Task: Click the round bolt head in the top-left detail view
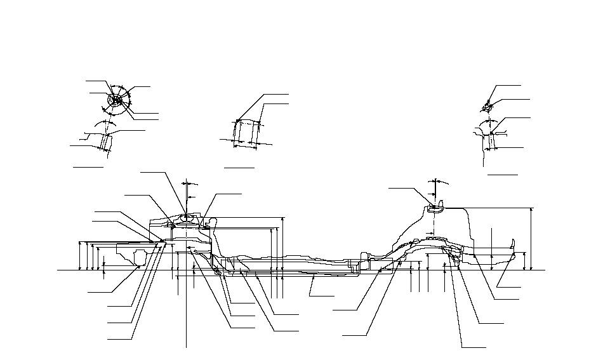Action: pyautogui.click(x=116, y=100)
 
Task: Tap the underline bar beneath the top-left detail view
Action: pyautogui.click(x=88, y=168)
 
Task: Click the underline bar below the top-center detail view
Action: pyautogui.click(x=239, y=168)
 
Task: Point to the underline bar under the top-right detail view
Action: pyautogui.click(x=502, y=173)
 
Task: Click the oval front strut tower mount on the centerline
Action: pyautogui.click(x=186, y=220)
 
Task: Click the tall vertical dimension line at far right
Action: pyautogui.click(x=531, y=239)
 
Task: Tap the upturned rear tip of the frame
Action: pyautogui.click(x=512, y=244)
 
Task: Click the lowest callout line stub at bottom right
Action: pyautogui.click(x=474, y=347)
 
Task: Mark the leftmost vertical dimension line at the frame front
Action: pyautogui.click(x=79, y=255)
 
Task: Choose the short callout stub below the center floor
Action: pyautogui.click(x=322, y=297)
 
